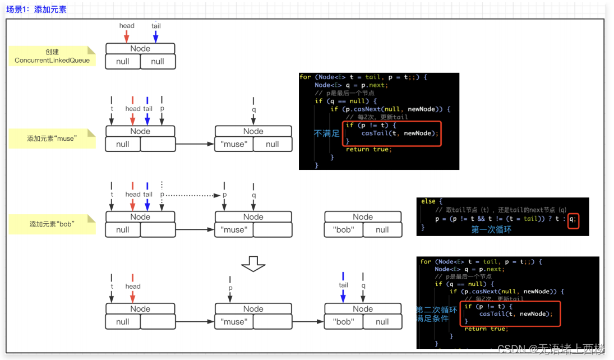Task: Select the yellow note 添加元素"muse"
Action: [52, 138]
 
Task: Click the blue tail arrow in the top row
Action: [155, 36]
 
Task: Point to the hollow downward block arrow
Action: [253, 263]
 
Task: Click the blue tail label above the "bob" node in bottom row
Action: [343, 285]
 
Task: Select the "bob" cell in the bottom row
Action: [343, 322]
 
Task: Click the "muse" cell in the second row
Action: [234, 144]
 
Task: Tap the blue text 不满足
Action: [326, 133]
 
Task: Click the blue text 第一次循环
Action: [491, 229]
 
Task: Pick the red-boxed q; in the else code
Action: [572, 219]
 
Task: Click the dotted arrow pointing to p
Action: [191, 195]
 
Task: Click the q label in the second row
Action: [253, 110]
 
